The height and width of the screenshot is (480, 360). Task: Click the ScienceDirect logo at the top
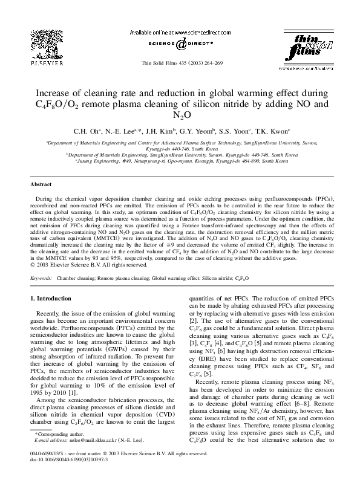click(x=180, y=42)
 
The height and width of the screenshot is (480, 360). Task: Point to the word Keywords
click(x=41, y=277)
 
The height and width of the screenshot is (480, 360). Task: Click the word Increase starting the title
click(x=57, y=93)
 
